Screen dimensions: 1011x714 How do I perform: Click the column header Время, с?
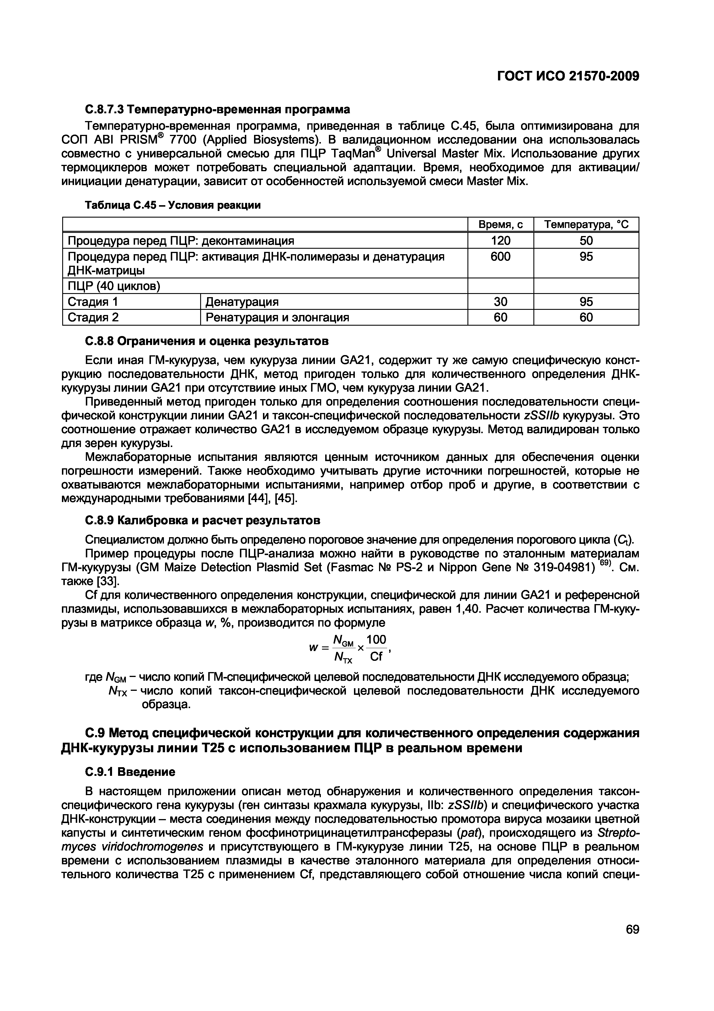[x=500, y=225]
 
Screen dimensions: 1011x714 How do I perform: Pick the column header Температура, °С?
[x=586, y=225]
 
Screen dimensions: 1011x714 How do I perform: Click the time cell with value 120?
[x=500, y=240]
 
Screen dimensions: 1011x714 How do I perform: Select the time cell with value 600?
[x=500, y=256]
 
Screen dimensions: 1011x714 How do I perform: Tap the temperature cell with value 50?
[x=586, y=240]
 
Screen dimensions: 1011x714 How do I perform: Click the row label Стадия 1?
[x=93, y=302]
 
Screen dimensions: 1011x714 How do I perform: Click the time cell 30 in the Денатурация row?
[x=500, y=302]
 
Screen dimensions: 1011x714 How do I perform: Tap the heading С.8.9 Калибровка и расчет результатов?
[x=202, y=520]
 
